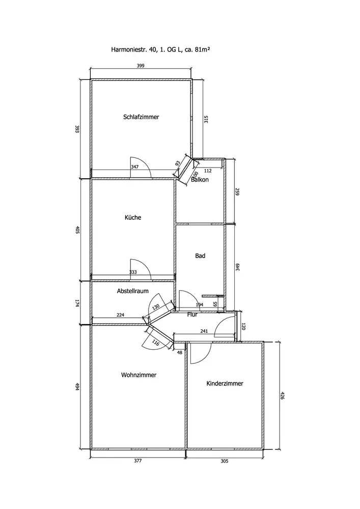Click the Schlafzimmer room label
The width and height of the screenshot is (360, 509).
[141, 117]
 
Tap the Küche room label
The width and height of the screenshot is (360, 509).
[133, 217]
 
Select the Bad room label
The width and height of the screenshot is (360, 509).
[200, 256]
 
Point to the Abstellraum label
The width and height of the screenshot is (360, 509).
[132, 291]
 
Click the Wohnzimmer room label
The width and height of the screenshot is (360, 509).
[139, 375]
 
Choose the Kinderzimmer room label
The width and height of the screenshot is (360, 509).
[225, 383]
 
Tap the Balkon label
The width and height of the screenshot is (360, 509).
[200, 180]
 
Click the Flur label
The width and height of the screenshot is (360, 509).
[192, 315]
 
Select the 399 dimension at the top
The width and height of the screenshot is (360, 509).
[141, 66]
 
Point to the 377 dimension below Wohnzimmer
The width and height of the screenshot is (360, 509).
[137, 461]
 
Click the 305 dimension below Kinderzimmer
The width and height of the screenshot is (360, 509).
[225, 461]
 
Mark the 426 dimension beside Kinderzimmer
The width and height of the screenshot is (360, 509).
[282, 395]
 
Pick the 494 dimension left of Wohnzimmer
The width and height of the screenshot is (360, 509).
[78, 386]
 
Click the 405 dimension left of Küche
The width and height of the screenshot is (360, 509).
[78, 230]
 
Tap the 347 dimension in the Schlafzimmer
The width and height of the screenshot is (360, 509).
[134, 167]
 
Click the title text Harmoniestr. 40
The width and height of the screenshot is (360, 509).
[134, 50]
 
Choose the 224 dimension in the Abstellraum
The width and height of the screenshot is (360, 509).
[120, 315]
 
